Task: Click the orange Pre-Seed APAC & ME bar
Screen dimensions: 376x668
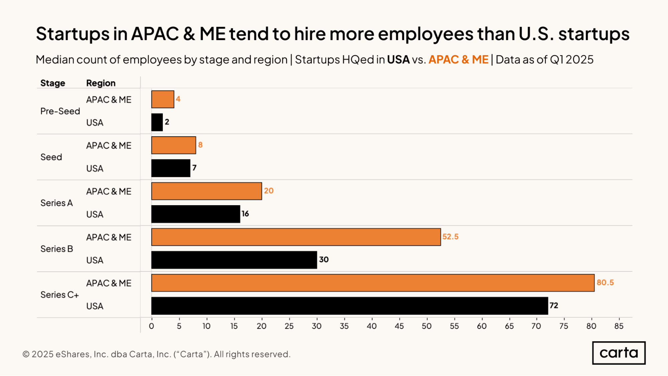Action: [x=163, y=99]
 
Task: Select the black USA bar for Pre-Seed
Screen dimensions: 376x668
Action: [x=157, y=122]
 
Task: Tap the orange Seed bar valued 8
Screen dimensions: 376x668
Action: [x=173, y=145]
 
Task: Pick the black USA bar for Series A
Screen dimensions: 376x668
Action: [x=195, y=214]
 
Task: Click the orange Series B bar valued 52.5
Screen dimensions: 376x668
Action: [x=296, y=237]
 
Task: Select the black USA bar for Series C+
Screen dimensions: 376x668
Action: [x=350, y=306]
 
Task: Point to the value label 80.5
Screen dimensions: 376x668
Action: [x=605, y=282]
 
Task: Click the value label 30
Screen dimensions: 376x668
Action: [x=324, y=260]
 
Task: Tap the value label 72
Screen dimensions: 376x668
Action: [x=554, y=305]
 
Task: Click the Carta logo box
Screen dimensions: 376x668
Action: [x=619, y=353]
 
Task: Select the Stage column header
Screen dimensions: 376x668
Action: [x=53, y=83]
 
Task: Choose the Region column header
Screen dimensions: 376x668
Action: [x=101, y=83]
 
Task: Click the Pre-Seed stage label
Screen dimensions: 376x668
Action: [x=60, y=111]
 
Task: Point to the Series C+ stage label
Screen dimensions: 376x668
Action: [x=59, y=295]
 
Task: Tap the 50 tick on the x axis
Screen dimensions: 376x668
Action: [x=426, y=326]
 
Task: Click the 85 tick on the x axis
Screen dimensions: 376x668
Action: [x=619, y=326]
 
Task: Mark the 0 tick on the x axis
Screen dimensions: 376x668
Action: [x=151, y=326]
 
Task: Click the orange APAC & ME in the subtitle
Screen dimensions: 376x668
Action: [x=458, y=59]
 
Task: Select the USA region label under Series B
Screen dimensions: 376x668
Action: [x=95, y=260]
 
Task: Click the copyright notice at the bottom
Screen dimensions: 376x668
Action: [x=156, y=354]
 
